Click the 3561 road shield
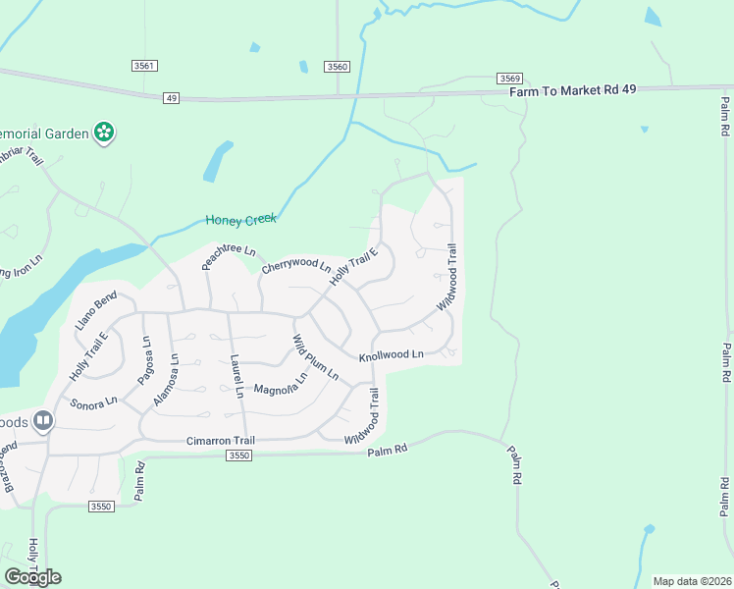click(144, 66)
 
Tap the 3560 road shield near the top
click(338, 66)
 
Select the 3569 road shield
click(508, 78)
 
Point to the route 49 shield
click(172, 98)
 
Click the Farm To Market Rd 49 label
click(573, 90)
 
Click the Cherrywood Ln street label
click(295, 265)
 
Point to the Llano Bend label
click(96, 305)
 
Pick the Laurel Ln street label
click(236, 377)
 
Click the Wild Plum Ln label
click(315, 358)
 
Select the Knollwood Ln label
click(391, 354)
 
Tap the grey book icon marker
click(42, 421)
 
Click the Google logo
click(32, 576)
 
